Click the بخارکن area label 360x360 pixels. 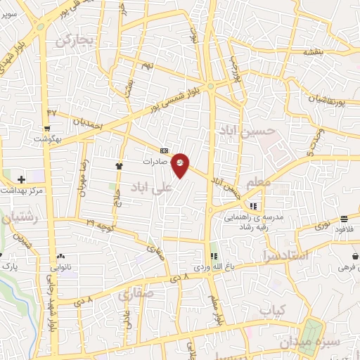point(75,39)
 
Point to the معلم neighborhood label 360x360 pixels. point(259,183)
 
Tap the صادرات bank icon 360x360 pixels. point(164,150)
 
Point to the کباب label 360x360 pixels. point(275,310)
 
